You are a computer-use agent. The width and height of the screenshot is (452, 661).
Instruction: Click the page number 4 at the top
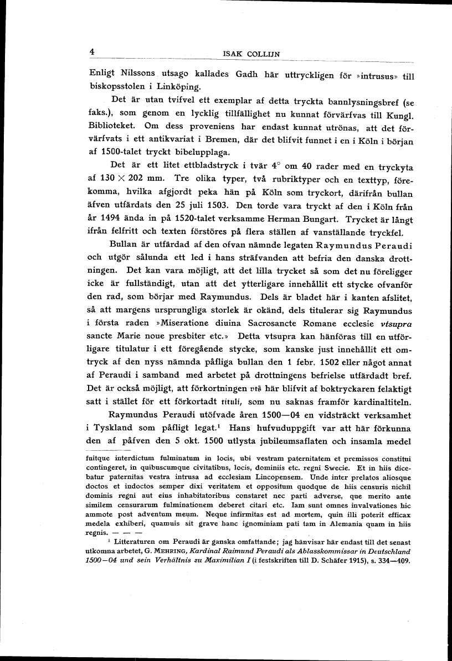(93, 51)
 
